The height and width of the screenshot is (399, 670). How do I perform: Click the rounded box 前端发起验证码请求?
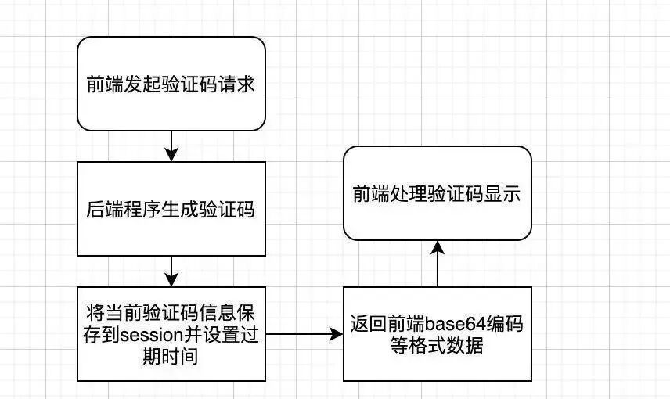click(171, 84)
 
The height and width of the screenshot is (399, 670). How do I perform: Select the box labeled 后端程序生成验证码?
click(171, 208)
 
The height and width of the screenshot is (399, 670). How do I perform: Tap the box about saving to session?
click(171, 334)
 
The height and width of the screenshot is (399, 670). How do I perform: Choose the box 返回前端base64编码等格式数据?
click(437, 334)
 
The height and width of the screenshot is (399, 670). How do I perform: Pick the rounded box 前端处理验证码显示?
click(437, 193)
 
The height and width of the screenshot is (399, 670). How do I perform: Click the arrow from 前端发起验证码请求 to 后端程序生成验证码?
click(171, 146)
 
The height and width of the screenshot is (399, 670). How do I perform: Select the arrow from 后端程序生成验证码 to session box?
click(171, 271)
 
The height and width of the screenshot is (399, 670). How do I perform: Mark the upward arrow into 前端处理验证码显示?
click(437, 263)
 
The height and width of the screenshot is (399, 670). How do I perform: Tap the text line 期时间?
click(171, 356)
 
